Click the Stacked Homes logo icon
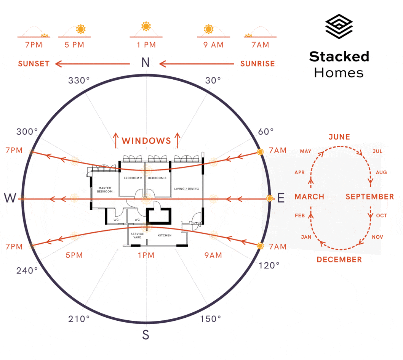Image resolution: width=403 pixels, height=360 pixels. click(x=339, y=27)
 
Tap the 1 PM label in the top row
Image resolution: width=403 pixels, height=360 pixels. click(x=146, y=45)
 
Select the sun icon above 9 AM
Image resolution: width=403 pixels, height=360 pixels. click(x=208, y=29)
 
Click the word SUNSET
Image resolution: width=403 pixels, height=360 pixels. click(x=34, y=64)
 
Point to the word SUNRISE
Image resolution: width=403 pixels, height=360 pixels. click(x=257, y=64)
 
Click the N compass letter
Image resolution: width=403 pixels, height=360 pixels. click(x=146, y=63)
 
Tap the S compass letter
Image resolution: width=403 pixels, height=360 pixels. click(x=146, y=335)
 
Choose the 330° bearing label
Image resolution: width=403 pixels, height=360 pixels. click(x=79, y=80)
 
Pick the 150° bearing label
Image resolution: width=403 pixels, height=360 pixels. click(x=211, y=319)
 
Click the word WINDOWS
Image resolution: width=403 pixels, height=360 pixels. click(x=146, y=141)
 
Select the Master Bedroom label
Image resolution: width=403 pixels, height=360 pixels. click(x=105, y=190)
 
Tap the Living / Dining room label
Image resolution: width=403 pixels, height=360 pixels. click(x=187, y=189)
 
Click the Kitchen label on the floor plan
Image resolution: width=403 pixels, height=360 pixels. click(x=165, y=235)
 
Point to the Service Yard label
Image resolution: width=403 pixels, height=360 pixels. click(x=137, y=235)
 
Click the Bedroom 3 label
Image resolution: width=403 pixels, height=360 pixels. click(x=157, y=178)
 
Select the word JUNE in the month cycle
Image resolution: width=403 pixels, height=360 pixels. click(x=339, y=137)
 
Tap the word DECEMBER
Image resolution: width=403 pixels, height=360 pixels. click(x=339, y=259)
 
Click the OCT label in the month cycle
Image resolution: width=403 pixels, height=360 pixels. click(x=381, y=215)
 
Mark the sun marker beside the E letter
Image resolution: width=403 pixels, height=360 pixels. click(x=270, y=198)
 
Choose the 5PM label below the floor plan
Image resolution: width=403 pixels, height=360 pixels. click(x=74, y=255)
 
